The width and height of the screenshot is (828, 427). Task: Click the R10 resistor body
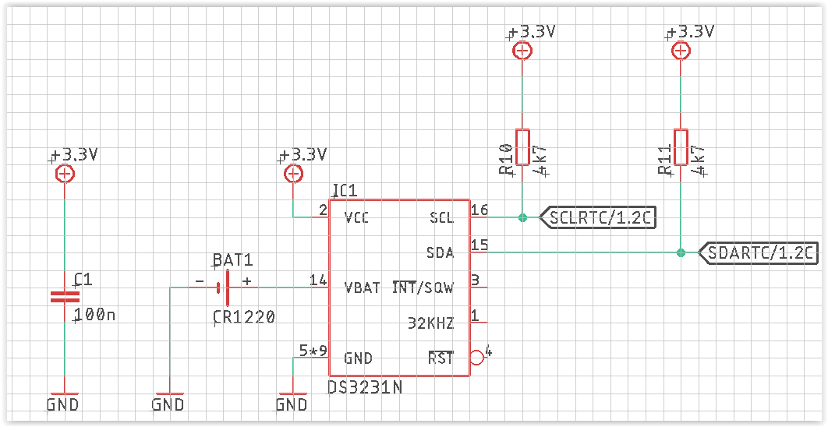point(522,146)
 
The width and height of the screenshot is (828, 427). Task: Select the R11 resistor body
point(681,146)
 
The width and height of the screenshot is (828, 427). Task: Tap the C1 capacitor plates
point(65,297)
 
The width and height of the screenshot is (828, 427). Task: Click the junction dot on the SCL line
point(522,217)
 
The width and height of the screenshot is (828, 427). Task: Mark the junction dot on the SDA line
point(681,252)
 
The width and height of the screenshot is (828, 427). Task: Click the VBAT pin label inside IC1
point(363,288)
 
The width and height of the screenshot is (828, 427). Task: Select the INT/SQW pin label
point(423,288)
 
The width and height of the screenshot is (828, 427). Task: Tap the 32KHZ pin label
point(431,323)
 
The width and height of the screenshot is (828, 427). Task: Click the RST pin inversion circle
point(476,358)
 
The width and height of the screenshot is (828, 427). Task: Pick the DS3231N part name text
point(365,387)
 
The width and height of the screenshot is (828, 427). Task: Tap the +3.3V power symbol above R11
point(681,51)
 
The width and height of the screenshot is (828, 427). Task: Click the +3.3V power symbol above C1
point(65,174)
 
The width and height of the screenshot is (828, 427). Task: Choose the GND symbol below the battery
point(169,401)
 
